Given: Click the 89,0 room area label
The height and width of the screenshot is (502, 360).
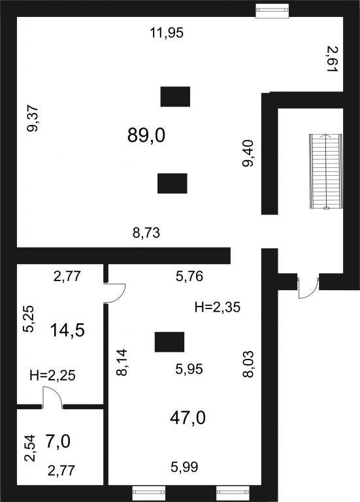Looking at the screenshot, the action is [x=146, y=135].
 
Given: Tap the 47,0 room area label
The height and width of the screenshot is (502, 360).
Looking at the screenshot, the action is [x=188, y=418].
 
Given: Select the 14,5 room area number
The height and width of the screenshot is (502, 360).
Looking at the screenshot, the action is [x=67, y=330].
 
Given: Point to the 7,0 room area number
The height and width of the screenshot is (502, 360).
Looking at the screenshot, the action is [x=58, y=442].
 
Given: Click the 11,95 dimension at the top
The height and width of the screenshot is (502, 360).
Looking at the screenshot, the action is [x=167, y=33].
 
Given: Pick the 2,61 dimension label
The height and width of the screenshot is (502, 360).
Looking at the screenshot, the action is [x=333, y=59].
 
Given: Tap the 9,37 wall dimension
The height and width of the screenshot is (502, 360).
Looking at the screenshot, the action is [x=33, y=118].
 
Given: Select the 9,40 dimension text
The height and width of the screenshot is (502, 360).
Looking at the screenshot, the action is [x=248, y=154].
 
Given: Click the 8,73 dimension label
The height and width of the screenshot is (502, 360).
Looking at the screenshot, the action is [x=146, y=233].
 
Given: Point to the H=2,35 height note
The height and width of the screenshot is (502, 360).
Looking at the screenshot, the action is [x=218, y=307].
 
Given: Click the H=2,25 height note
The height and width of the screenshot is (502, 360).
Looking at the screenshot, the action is [x=52, y=375].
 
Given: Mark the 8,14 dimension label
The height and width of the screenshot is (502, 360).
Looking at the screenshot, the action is [x=122, y=362].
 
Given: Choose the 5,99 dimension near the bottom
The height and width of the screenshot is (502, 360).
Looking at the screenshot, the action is [x=184, y=467].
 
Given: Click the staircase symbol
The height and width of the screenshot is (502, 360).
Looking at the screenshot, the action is [x=326, y=172].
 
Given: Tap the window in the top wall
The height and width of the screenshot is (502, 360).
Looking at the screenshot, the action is [x=272, y=10].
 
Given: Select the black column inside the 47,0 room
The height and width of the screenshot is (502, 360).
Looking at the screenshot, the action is [x=170, y=342].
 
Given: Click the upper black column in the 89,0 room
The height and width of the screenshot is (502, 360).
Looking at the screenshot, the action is [x=175, y=96].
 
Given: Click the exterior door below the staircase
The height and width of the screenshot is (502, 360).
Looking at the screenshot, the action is [x=309, y=286].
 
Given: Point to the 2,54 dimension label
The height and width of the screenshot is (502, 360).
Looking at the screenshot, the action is [x=31, y=448].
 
